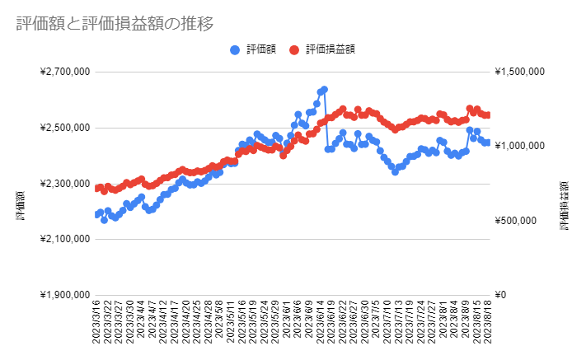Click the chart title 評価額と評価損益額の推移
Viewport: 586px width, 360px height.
pyautogui.click(x=115, y=24)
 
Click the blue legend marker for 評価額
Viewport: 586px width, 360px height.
pyautogui.click(x=236, y=49)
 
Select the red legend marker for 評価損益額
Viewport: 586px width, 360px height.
pyautogui.click(x=294, y=49)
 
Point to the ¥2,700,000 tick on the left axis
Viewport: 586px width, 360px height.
pyautogui.click(x=64, y=72)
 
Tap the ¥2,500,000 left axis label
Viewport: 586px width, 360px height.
pyautogui.click(x=64, y=128)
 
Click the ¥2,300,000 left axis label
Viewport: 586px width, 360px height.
pyautogui.click(x=64, y=184)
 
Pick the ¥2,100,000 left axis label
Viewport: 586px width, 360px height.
pyautogui.click(x=64, y=240)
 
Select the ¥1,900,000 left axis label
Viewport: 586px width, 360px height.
pyautogui.click(x=64, y=295)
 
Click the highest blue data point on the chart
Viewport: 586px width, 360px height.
pyautogui.click(x=324, y=89)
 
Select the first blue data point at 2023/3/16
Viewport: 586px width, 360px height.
pyautogui.click(x=97, y=214)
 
